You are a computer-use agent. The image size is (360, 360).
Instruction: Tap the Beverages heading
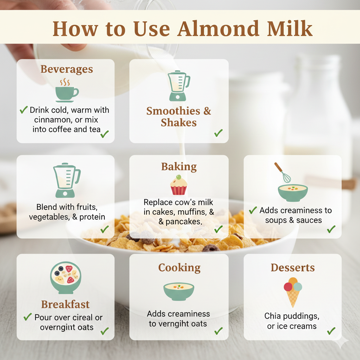(x=67, y=69)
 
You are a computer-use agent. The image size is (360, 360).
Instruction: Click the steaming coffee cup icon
(x=66, y=90)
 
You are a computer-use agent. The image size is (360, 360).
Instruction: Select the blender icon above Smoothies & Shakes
(x=178, y=86)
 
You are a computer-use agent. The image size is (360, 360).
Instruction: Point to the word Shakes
(x=179, y=123)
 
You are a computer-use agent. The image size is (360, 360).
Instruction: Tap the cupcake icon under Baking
(x=179, y=185)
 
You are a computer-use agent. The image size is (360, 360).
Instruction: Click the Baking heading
(x=179, y=166)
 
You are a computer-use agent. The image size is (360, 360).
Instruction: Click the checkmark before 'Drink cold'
(x=24, y=110)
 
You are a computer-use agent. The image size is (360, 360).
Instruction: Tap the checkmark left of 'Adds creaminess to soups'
(x=253, y=211)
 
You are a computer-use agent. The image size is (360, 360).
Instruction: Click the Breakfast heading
(x=65, y=304)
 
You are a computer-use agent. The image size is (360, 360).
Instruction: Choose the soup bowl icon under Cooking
(x=179, y=291)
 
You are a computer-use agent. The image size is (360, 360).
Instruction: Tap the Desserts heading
(x=292, y=268)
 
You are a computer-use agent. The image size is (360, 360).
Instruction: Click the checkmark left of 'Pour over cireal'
(x=28, y=317)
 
